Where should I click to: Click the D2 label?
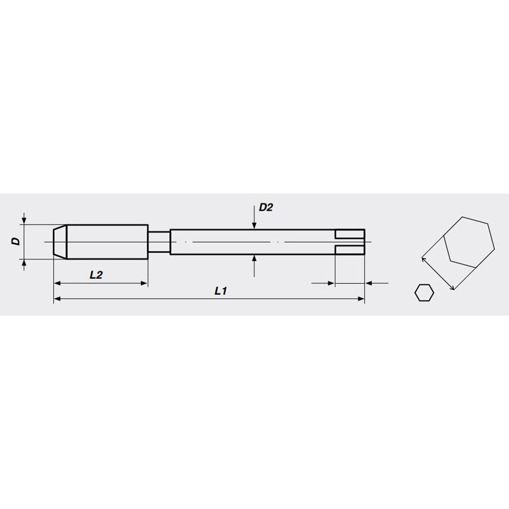[x=266, y=208]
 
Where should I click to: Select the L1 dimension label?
[x=221, y=291]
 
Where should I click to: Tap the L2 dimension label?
[x=96, y=275]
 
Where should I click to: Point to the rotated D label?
[x=16, y=241]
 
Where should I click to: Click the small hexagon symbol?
[x=424, y=293]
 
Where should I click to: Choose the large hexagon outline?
[x=469, y=242]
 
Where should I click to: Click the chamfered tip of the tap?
[x=60, y=242]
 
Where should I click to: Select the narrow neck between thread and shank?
[x=159, y=242]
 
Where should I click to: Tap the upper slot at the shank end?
[x=350, y=234]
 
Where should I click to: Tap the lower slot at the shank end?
[x=350, y=250]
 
